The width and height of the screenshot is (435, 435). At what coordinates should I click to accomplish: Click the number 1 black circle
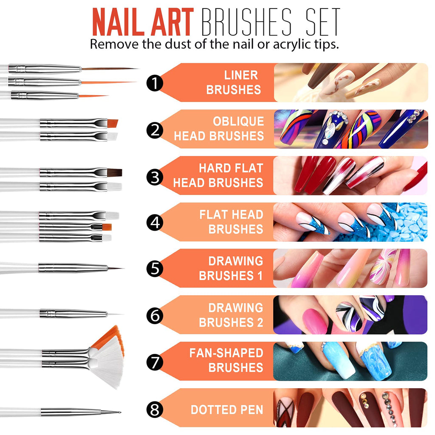155,83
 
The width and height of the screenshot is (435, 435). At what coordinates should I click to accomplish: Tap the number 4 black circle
155,223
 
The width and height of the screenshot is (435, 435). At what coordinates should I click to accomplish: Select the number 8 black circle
155,409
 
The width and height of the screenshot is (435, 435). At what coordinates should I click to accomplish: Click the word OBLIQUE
238,121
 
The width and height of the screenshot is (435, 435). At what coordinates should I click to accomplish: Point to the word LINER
241,75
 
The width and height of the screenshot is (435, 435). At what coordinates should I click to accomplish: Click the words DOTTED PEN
227,410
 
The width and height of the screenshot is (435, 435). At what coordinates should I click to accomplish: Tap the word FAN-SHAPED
226,353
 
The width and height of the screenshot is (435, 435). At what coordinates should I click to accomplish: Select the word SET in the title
323,22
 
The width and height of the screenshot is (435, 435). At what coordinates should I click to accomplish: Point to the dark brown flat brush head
115,172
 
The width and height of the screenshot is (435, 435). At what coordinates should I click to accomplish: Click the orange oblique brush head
113,123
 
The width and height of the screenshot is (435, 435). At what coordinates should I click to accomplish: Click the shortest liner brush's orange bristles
93,96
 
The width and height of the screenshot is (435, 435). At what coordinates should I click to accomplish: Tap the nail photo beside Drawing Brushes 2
350,315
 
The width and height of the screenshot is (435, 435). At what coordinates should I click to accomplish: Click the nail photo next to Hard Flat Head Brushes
350,175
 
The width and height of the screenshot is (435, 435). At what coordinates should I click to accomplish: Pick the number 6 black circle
155,316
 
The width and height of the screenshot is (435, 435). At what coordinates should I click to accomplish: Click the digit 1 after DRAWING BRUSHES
260,276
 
